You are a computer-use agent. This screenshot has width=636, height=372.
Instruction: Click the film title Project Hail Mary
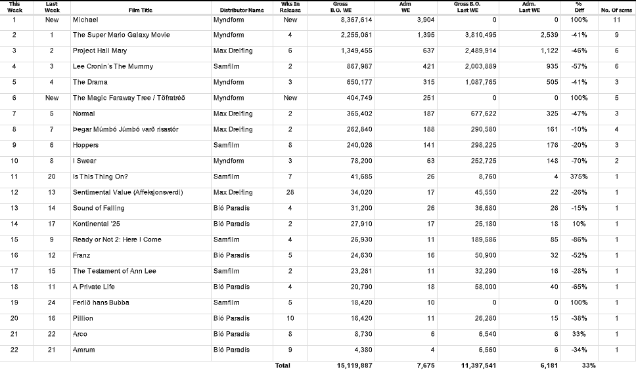[99, 51]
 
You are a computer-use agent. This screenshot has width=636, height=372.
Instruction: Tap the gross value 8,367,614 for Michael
[356, 20]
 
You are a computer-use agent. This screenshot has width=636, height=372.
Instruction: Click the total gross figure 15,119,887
[354, 365]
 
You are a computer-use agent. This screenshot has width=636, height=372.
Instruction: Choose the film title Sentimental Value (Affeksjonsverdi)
[127, 192]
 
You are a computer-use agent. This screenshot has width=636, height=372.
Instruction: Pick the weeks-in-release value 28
[290, 192]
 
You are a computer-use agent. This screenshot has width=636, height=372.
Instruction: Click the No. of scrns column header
[616, 10]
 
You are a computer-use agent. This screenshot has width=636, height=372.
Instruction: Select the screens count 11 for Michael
[616, 20]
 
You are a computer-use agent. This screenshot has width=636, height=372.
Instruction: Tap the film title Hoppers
[85, 145]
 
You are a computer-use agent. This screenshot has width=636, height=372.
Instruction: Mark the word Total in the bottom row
[283, 365]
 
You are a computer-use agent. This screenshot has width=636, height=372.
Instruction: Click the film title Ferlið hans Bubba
[101, 302]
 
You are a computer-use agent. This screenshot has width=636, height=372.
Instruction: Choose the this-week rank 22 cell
[14, 350]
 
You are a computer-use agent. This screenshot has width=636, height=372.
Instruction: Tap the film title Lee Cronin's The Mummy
[112, 66]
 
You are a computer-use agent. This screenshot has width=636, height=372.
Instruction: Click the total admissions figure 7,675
[425, 365]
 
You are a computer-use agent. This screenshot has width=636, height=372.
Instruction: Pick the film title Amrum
[83, 350]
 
